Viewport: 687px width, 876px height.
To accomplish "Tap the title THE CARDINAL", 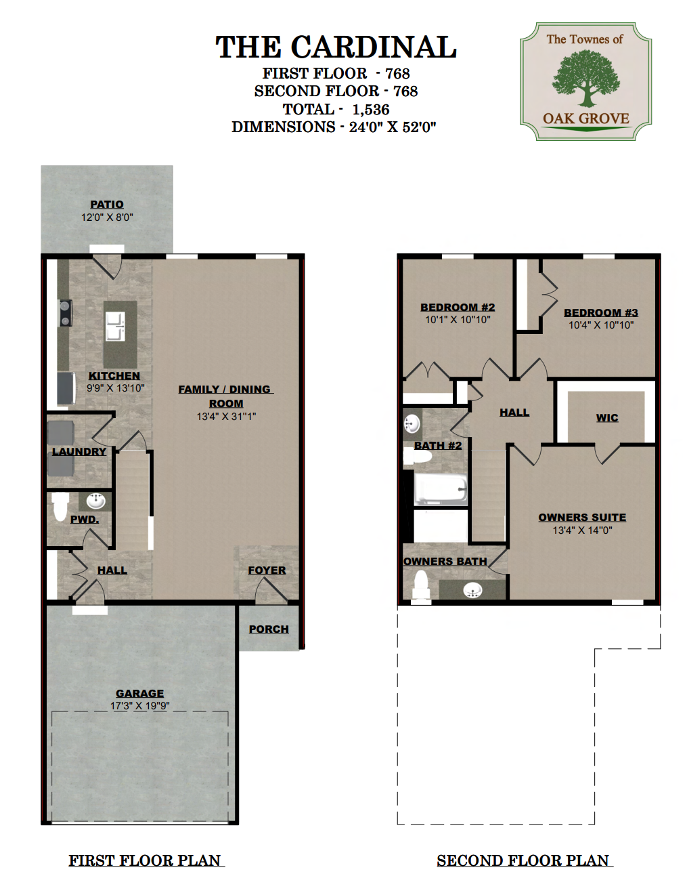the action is pos(336,47).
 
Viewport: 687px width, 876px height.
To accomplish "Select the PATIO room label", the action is pos(107,205).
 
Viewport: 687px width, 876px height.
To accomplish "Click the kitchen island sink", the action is pos(115,327).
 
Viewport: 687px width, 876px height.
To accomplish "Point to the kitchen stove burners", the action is pos(65,313).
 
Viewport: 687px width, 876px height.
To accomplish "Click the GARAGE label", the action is pos(139,693).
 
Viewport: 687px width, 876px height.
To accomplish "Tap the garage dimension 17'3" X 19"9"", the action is pos(139,705).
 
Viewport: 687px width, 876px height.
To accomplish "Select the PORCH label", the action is pos(269,629).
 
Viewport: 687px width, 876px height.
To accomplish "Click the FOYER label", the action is pos(267,570).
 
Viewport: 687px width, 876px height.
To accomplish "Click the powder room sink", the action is pos(96,501).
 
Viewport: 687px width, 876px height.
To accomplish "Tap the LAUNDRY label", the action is pos(79,451).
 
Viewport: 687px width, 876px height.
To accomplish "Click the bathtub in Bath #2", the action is pos(441,489).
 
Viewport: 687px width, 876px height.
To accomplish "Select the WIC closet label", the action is pos(607,417).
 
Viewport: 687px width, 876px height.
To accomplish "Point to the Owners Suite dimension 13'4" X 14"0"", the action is pos(582,530).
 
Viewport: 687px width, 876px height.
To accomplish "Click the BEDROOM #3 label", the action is pos(601,312).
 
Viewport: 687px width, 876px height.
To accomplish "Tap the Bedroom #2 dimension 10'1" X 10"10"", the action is pos(458,320).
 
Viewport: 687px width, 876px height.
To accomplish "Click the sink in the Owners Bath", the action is pos(472,591).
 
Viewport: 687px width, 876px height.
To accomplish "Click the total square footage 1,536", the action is pos(371,110).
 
